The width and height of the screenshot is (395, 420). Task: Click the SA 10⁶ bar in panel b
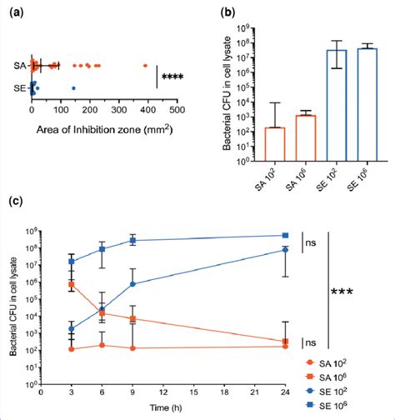[x=304, y=138]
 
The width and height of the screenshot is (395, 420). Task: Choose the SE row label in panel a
[x=20, y=87]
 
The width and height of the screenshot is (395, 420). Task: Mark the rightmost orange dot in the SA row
[x=145, y=65]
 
